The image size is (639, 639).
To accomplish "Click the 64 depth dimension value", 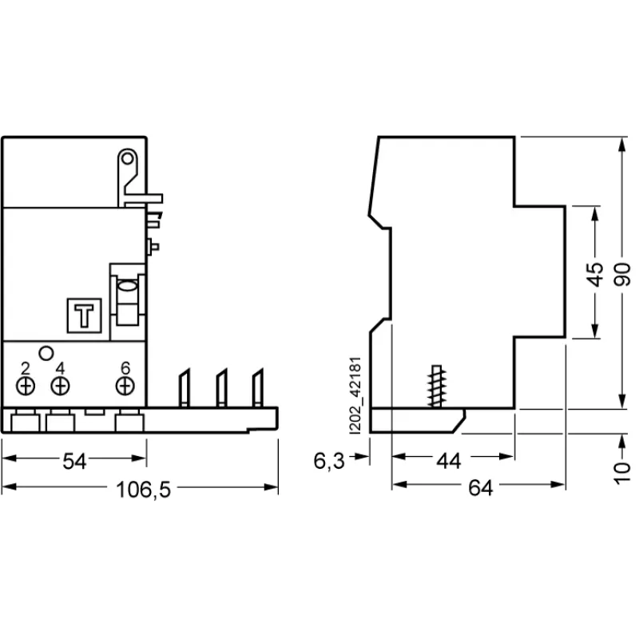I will (479, 489).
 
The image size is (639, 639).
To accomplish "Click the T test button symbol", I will (84, 315).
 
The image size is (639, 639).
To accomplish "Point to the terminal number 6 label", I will (125, 369).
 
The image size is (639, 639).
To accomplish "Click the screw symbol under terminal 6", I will (125, 387).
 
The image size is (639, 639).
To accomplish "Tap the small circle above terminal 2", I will (46, 351).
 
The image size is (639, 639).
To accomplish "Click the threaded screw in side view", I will (436, 387).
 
